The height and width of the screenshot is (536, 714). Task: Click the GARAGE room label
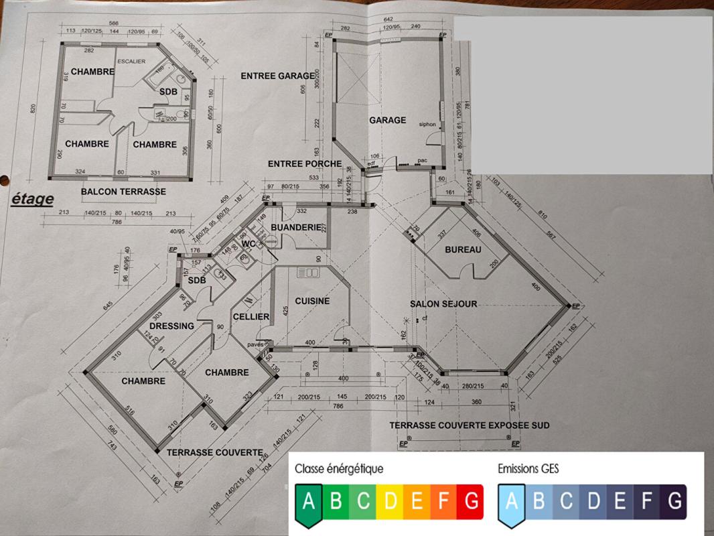click(x=387, y=121)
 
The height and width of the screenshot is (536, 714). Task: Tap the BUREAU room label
click(x=463, y=250)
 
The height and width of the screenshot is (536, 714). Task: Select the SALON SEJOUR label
click(x=443, y=304)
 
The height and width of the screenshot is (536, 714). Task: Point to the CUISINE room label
click(x=312, y=301)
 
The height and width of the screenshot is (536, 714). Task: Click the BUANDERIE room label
click(x=296, y=228)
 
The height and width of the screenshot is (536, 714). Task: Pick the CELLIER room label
click(x=251, y=317)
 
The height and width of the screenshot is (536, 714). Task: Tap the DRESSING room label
click(x=171, y=326)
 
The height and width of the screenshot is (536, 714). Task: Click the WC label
click(x=249, y=244)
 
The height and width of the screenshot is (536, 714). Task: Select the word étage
click(x=32, y=199)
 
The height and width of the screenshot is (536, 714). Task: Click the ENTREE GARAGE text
click(x=277, y=76)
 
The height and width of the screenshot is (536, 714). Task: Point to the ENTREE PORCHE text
click(x=305, y=164)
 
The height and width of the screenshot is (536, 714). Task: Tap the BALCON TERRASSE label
click(x=123, y=192)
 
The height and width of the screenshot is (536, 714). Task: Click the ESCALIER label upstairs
click(x=131, y=62)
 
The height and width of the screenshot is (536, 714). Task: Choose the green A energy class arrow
click(x=308, y=503)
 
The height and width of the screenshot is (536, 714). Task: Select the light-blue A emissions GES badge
click(x=511, y=503)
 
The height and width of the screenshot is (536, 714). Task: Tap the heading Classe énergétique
click(x=339, y=469)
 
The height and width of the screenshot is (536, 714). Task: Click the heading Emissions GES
click(x=528, y=469)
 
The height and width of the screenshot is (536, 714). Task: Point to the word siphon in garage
click(x=427, y=125)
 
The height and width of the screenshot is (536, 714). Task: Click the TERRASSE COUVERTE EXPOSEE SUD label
click(x=470, y=425)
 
